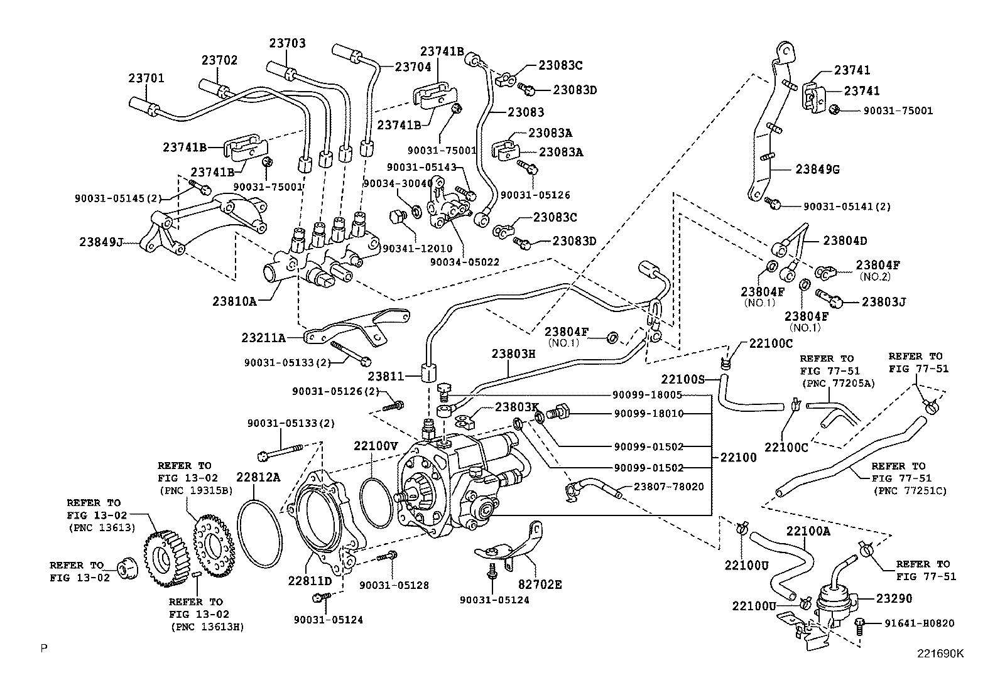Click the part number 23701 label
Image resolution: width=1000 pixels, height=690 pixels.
tap(146, 78)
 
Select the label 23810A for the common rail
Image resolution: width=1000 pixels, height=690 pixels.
tap(234, 301)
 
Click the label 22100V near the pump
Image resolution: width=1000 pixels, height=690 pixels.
tap(376, 446)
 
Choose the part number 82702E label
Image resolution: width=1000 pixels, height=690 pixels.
tap(540, 585)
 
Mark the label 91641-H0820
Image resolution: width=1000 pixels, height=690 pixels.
tap(920, 623)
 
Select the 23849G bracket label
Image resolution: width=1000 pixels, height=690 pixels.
tap(817, 170)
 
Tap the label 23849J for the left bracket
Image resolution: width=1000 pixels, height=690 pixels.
tap(101, 242)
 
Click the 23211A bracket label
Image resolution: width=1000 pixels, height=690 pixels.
tap(263, 338)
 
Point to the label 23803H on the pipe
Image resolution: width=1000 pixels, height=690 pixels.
tap(513, 353)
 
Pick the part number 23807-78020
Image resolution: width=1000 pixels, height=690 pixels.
tap(668, 487)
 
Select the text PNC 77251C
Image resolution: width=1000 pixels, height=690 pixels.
tap(909, 491)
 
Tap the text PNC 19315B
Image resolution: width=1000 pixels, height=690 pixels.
tap(196, 490)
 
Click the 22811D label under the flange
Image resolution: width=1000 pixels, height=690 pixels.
tap(310, 581)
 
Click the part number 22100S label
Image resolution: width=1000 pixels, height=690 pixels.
tap(683, 379)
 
